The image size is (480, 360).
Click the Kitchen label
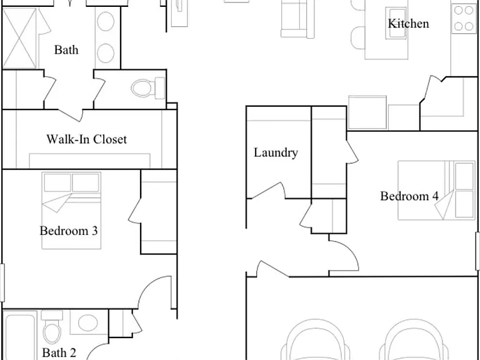click(x=408, y=24)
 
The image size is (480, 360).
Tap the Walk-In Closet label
click(x=87, y=139)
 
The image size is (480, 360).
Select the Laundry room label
click(x=276, y=152)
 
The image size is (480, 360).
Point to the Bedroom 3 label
click(x=69, y=231)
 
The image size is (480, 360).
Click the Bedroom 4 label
click(x=409, y=196)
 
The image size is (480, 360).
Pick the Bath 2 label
click(x=59, y=352)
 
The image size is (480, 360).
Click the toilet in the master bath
click(x=148, y=88)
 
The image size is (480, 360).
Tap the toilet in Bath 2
click(x=52, y=327)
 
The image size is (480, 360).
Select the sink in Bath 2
click(x=88, y=322)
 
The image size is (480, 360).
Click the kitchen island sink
click(x=396, y=23)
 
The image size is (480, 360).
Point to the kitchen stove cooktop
click(x=464, y=18)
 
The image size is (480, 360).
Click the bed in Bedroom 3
click(x=71, y=211)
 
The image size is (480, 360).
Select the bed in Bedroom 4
click(x=436, y=190)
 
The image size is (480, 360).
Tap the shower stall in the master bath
click(x=19, y=38)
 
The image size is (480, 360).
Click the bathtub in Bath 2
click(x=20, y=335)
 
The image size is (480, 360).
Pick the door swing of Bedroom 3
click(x=154, y=292)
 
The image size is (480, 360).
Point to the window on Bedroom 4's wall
click(x=477, y=251)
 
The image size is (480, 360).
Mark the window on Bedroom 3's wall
click(x=2, y=282)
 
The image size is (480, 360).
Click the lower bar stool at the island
click(x=358, y=37)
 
